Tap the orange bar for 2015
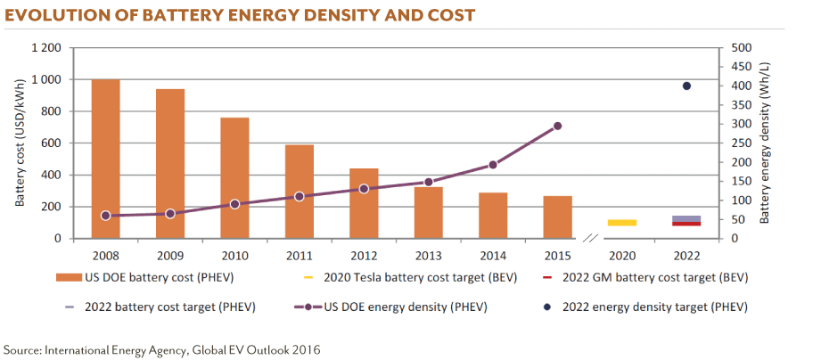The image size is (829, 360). pos(557,217)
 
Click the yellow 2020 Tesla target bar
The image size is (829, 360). pos(622,222)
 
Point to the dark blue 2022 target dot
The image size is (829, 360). pos(686,86)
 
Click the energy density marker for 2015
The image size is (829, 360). pos(557,126)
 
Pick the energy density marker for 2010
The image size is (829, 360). pos(234,204)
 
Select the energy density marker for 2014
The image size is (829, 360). pos(493,165)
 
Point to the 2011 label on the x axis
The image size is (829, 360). pos(299,255)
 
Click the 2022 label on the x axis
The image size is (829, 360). pos(686,255)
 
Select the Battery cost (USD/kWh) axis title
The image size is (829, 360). pos(20,143)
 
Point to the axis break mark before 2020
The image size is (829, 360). pos(589,239)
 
